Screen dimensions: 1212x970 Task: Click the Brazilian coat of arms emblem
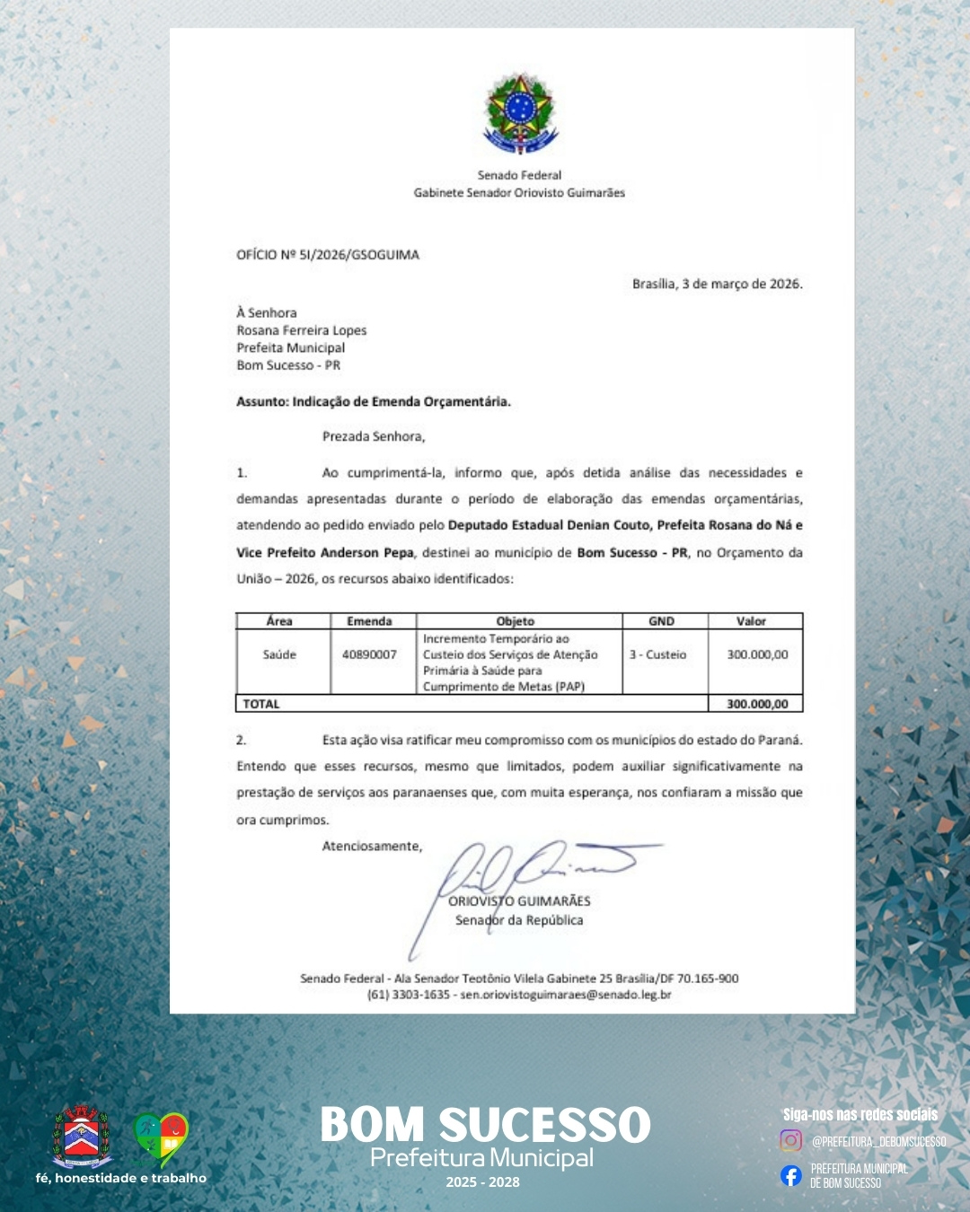519,114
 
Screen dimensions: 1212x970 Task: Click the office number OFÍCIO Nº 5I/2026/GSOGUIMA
328,255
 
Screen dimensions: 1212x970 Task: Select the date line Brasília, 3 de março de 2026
717,284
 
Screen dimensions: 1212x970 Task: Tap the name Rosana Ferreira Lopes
302,330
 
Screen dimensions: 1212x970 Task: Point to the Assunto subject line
374,401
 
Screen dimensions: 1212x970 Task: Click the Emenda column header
369,621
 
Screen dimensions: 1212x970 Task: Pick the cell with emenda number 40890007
369,654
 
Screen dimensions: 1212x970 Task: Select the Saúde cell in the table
279,654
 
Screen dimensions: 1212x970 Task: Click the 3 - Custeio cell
657,654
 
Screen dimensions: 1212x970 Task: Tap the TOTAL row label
261,704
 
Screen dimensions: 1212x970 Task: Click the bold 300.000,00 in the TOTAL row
757,704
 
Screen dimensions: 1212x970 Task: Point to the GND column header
661,621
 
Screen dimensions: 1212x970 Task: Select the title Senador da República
519,920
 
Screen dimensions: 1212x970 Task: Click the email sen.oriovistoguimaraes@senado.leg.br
566,995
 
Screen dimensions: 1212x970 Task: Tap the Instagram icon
790,1140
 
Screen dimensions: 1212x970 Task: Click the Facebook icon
790,1175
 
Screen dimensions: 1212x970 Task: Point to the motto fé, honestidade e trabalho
121,1178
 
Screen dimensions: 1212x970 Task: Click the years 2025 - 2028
483,1182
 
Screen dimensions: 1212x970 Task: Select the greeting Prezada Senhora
374,436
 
